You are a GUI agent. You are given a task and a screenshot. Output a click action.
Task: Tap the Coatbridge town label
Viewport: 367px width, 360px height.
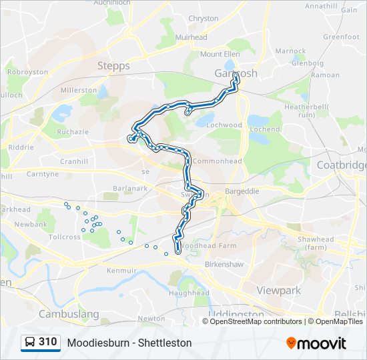(342, 165)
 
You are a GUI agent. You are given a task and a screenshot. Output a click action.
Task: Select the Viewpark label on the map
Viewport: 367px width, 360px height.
(279, 291)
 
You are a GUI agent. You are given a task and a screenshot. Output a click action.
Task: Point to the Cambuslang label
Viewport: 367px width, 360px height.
(69, 314)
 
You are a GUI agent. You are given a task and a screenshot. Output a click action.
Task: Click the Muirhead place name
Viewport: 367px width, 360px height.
(191, 38)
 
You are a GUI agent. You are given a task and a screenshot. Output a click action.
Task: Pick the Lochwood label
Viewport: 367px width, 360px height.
(224, 125)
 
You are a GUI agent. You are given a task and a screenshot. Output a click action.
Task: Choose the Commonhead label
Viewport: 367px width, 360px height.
(217, 161)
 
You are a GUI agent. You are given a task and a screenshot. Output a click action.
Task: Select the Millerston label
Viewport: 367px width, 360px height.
(79, 90)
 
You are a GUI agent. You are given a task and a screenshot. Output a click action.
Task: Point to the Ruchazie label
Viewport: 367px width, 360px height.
(73, 132)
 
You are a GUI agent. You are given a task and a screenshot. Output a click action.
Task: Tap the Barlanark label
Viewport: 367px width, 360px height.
(129, 189)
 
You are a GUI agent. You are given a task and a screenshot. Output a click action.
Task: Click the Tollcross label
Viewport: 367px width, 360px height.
(64, 237)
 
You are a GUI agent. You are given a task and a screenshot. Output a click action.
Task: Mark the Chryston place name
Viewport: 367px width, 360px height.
(204, 19)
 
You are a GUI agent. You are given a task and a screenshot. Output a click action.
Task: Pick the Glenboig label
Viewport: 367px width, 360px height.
(307, 64)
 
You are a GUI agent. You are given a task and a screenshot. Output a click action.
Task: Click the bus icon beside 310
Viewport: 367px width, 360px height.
(30, 343)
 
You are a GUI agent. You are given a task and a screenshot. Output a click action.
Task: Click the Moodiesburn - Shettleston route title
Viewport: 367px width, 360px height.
(129, 343)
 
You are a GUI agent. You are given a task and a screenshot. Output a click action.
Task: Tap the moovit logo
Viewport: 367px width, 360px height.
(316, 343)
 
